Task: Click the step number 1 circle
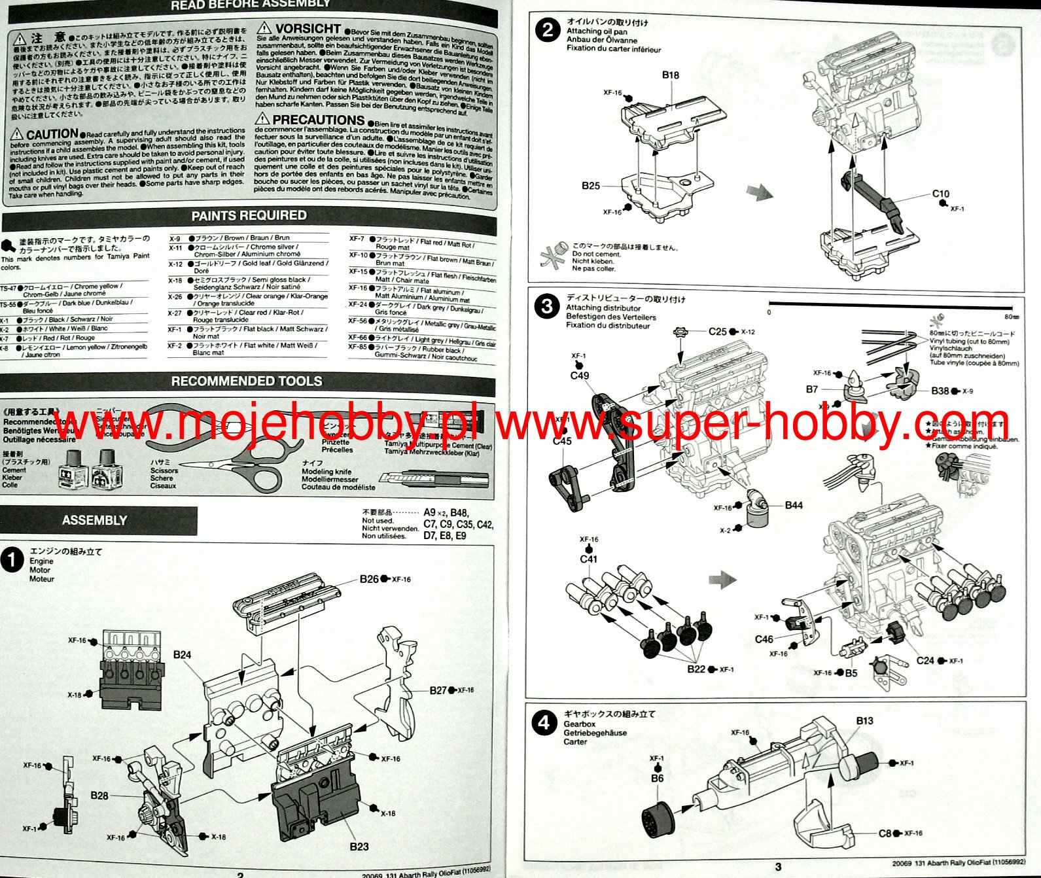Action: pos(12,560)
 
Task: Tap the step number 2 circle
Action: pos(548,31)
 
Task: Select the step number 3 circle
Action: pos(546,306)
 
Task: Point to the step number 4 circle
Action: pos(544,723)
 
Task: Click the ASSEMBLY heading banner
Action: pos(95,520)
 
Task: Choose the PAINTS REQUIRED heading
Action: pos(249,215)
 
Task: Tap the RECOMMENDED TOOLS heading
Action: pos(247,381)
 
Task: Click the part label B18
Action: pos(670,75)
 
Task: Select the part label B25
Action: pos(591,186)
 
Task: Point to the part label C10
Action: pos(940,194)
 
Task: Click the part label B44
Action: pos(794,505)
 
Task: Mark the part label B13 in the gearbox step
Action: pos(864,720)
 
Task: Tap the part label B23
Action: pos(359,846)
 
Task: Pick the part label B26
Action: pos(369,579)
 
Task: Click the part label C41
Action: pos(588,559)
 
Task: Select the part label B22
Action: pos(696,669)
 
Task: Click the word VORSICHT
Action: pos(308,29)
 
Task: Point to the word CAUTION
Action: pos(52,134)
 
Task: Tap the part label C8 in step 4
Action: pos(885,833)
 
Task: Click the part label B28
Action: pos(99,796)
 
